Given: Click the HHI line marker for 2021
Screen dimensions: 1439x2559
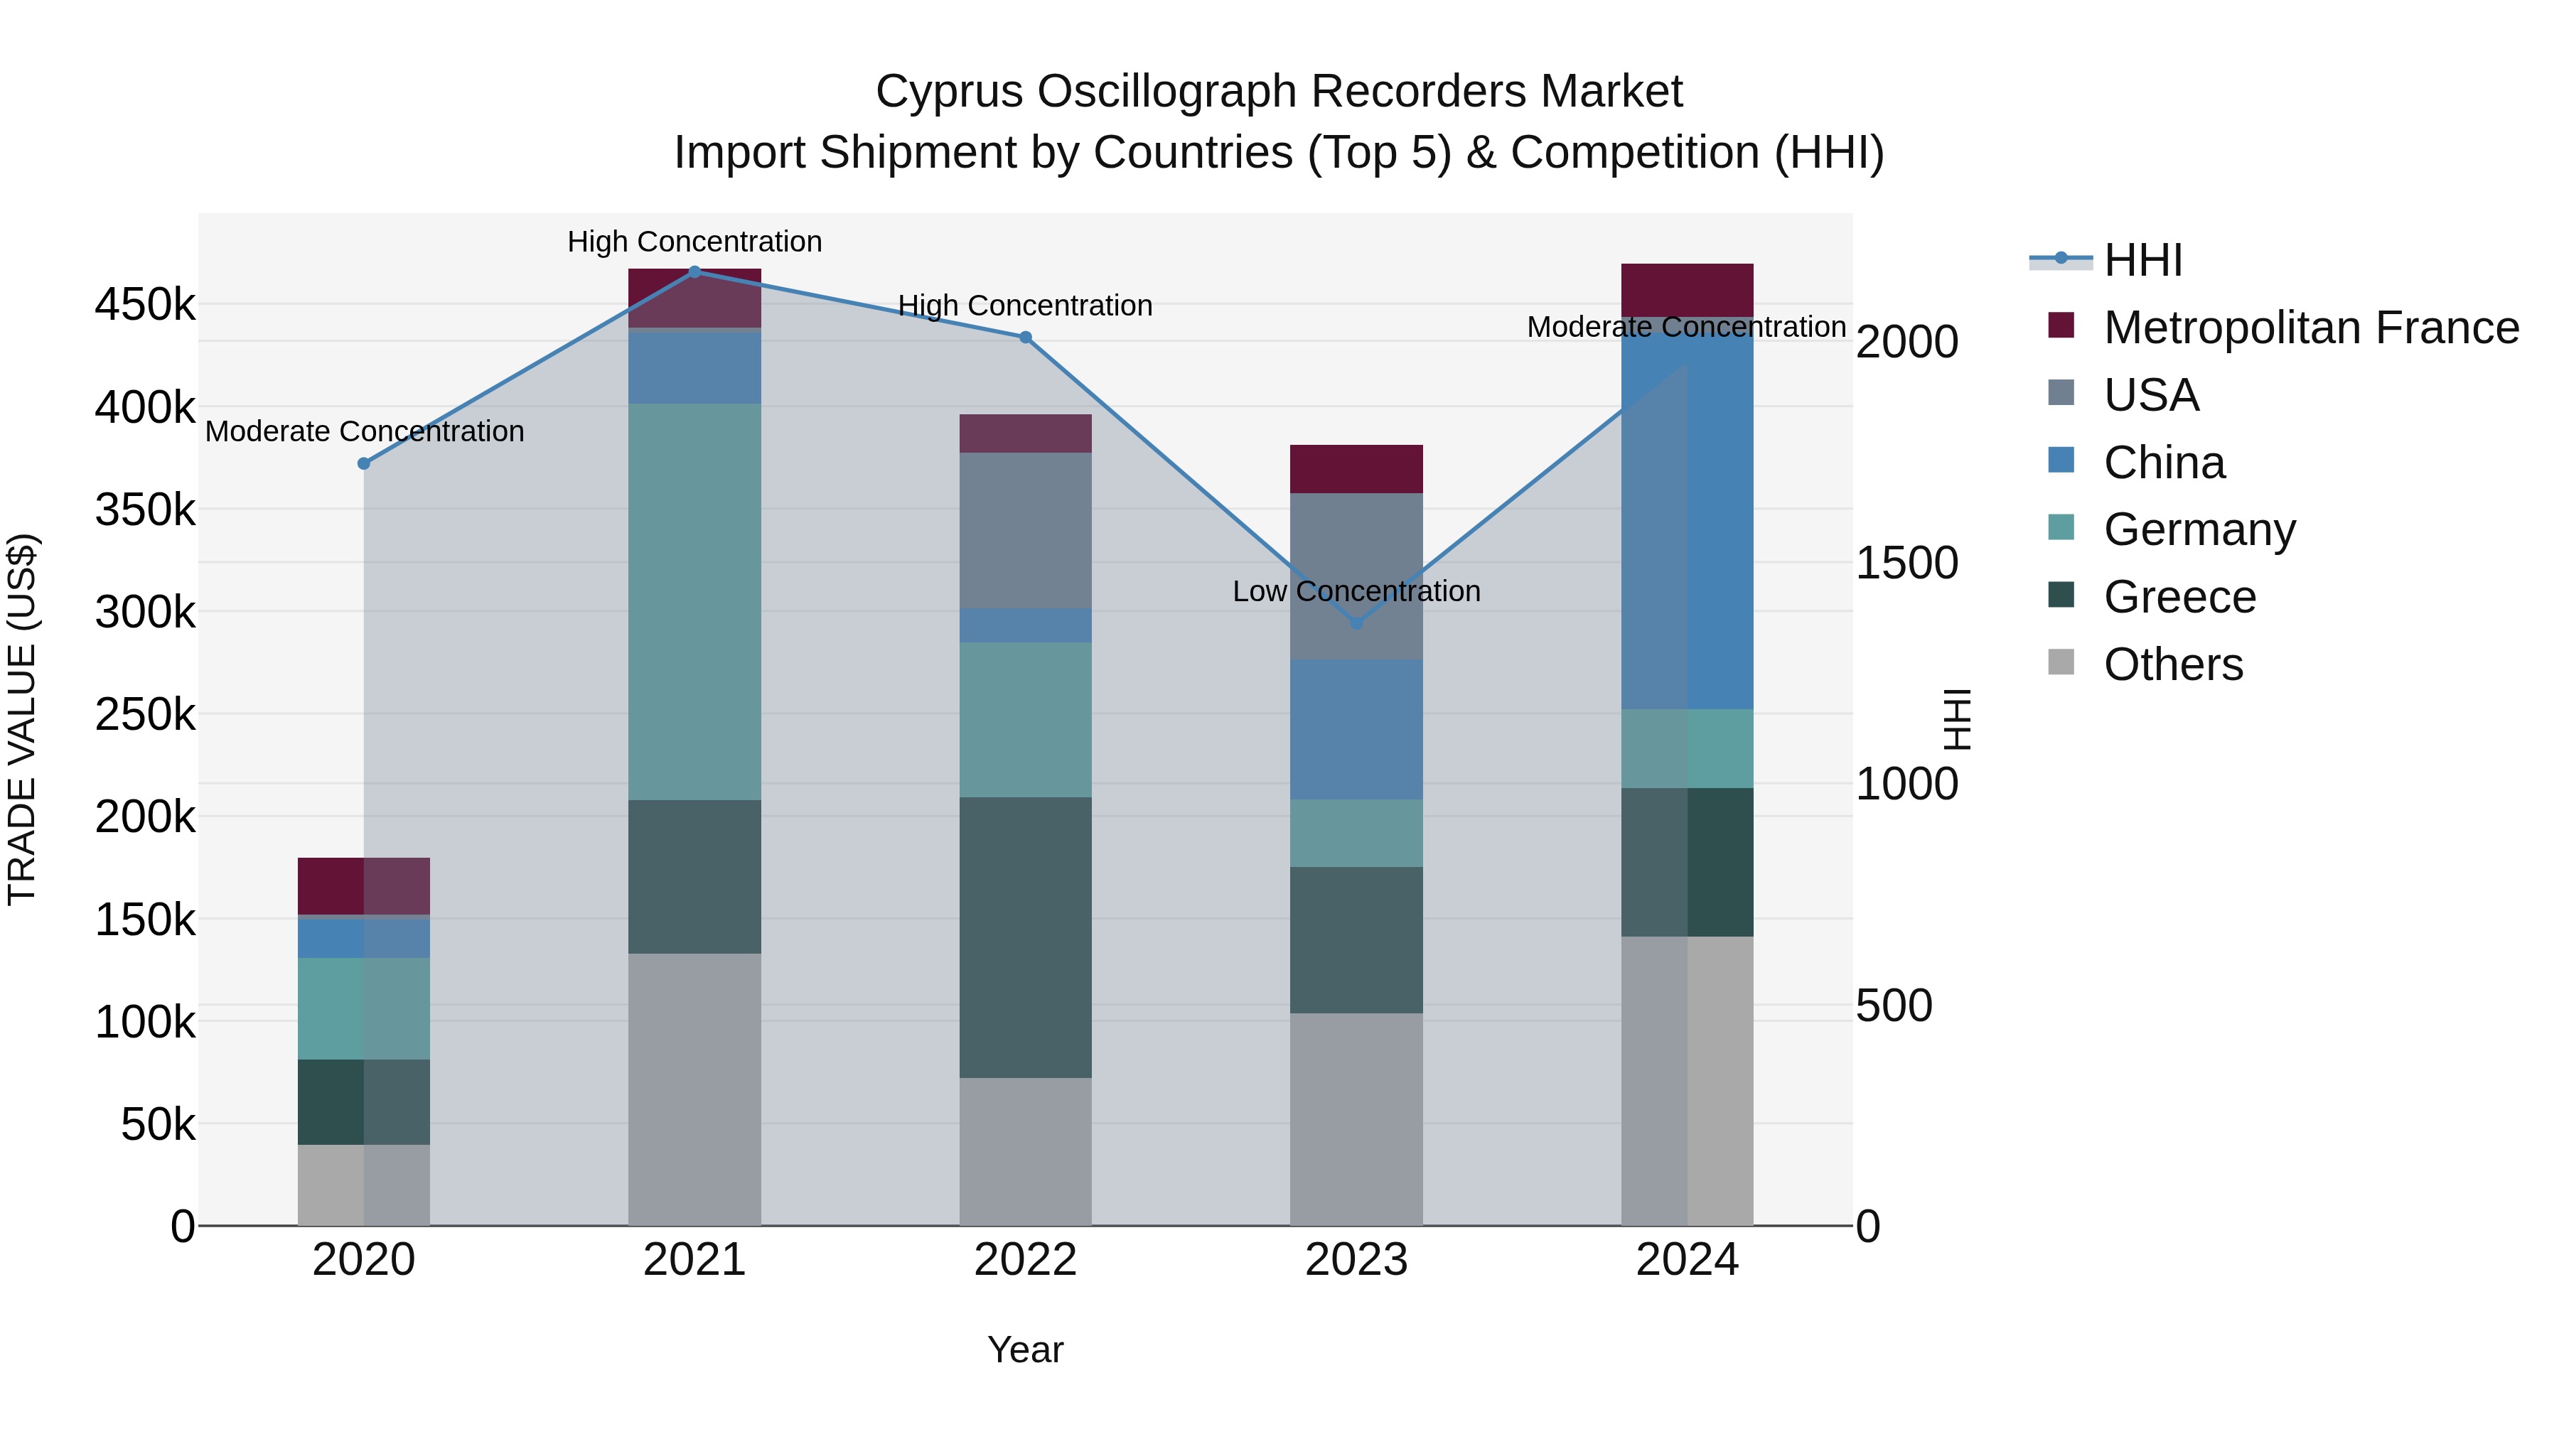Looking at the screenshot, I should (694, 271).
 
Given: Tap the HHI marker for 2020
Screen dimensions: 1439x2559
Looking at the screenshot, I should (363, 464).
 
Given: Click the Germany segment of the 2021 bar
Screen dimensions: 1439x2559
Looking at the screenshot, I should (694, 600).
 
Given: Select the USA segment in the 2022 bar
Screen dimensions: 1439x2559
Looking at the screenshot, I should (1025, 530).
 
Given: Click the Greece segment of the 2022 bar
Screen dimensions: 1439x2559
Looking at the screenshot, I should (1025, 937).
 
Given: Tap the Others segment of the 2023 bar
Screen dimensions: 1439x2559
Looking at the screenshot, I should (1356, 1119).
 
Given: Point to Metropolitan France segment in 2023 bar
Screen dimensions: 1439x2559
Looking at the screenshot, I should (1356, 469).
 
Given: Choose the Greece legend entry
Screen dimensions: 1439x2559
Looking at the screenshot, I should (2179, 597).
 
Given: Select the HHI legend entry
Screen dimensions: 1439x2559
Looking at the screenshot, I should (2142, 260).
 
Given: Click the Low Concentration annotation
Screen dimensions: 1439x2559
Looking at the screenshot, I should (1356, 592).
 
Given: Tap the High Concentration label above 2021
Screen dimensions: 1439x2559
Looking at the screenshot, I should (694, 242).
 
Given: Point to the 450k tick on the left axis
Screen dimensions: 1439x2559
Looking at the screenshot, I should (145, 305).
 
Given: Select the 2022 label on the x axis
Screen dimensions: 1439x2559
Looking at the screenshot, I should (1025, 1260).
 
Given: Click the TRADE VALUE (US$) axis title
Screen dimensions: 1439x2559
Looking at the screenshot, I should (22, 719).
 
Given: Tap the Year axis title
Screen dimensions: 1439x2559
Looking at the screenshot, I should (1025, 1349).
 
